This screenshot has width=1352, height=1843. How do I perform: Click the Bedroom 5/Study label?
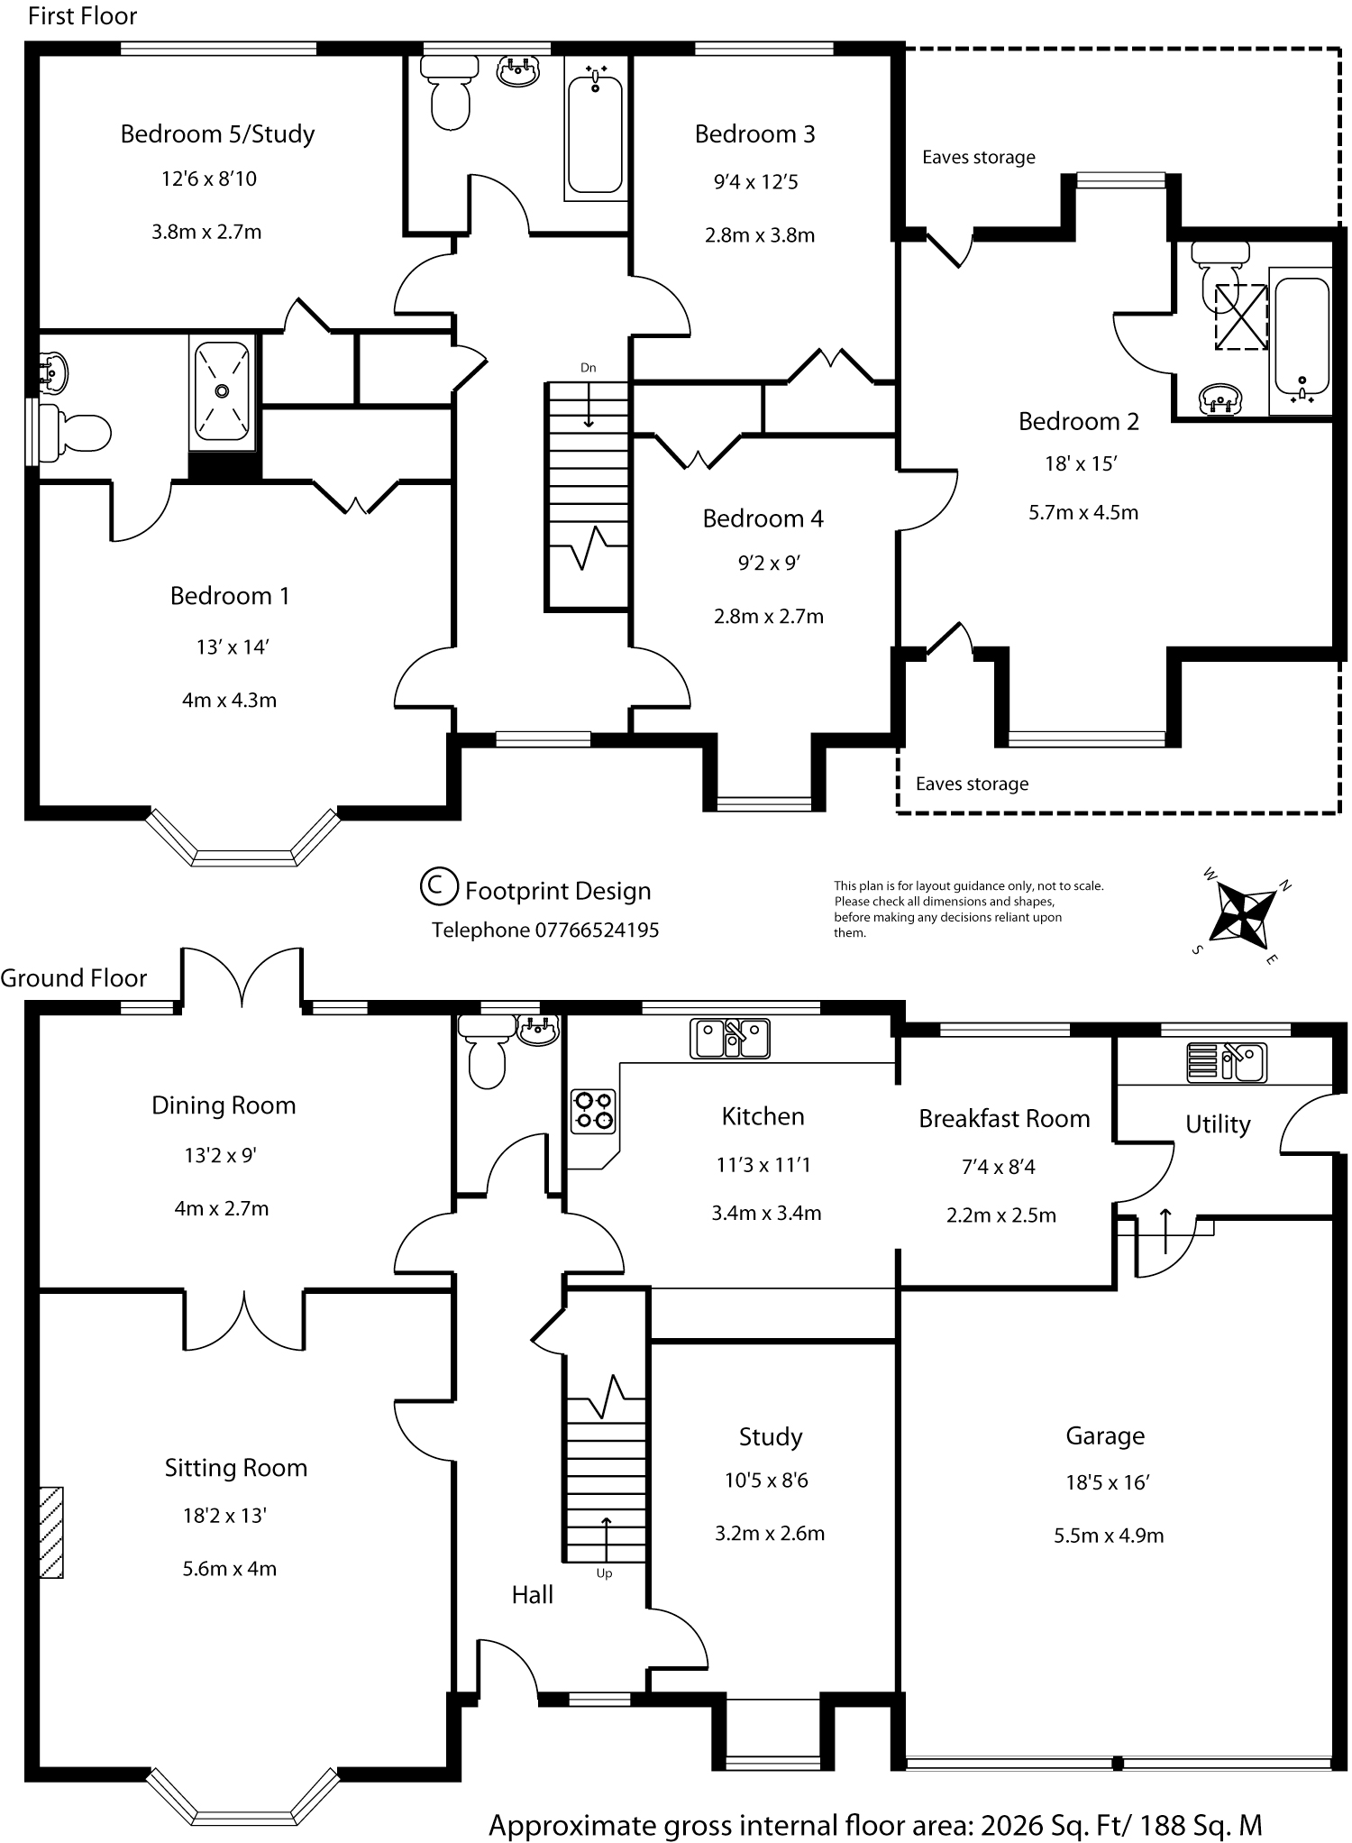(217, 134)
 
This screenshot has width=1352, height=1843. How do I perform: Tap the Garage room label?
(1105, 1435)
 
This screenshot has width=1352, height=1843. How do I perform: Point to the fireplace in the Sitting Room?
(51, 1532)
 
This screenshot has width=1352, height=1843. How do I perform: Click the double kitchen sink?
(729, 1037)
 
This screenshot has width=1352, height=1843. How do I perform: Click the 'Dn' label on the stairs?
(588, 368)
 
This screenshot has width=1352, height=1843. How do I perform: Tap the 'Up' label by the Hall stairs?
(604, 1573)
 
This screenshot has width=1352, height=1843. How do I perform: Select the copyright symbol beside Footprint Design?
(439, 885)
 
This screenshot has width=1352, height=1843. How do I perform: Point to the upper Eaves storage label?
(978, 158)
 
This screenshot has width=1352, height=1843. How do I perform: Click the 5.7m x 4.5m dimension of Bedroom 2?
(1083, 513)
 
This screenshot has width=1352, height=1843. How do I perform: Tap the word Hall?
(532, 1595)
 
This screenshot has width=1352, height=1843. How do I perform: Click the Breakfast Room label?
(1004, 1119)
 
